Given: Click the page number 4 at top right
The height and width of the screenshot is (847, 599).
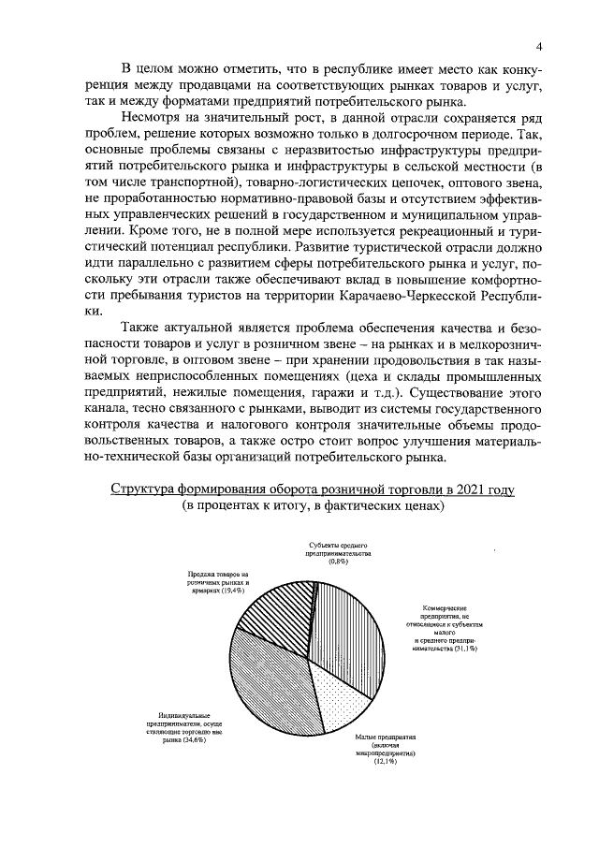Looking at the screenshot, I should pos(541,48).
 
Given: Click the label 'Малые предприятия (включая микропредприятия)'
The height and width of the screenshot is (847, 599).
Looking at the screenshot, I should pos(385,744).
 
